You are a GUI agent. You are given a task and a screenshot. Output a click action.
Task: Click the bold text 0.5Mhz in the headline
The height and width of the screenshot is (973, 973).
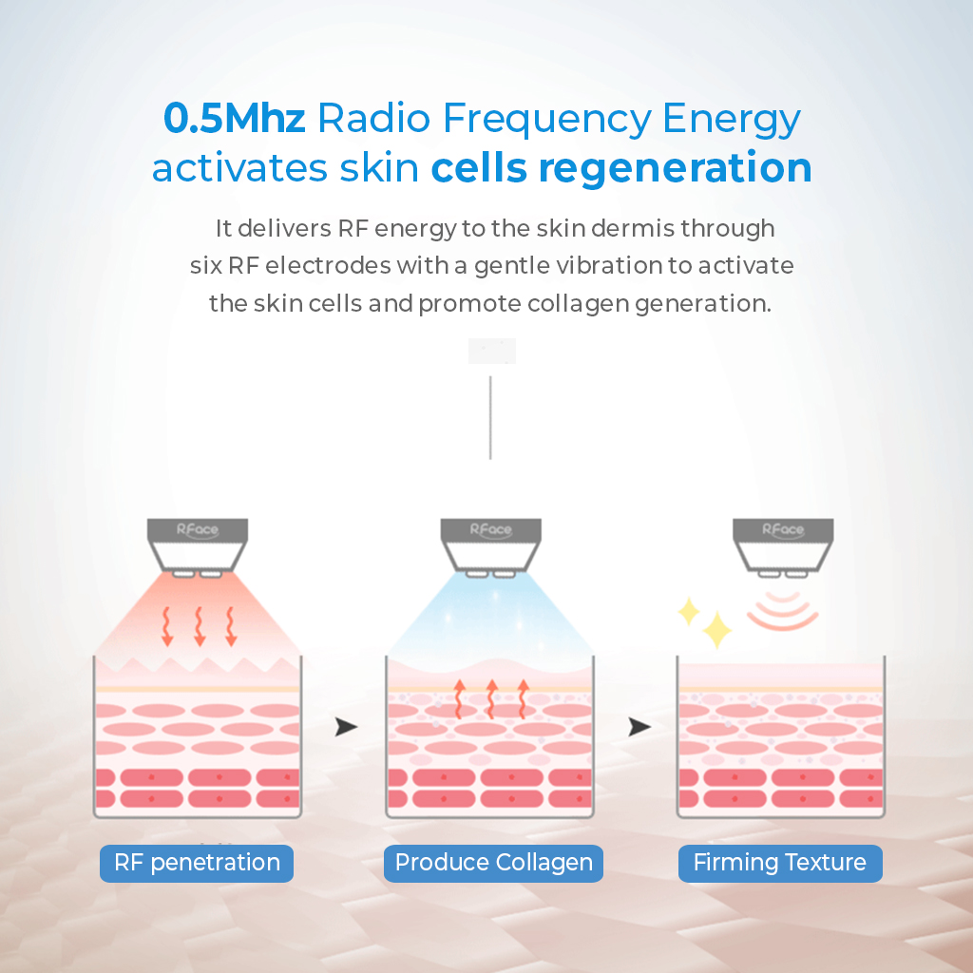pyautogui.click(x=234, y=120)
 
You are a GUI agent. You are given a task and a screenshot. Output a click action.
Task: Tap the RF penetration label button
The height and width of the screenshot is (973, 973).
pyautogui.click(x=197, y=863)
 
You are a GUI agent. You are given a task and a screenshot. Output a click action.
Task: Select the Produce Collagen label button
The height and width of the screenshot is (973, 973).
pyautogui.click(x=493, y=863)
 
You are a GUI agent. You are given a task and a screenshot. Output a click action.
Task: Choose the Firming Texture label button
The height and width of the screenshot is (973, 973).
pyautogui.click(x=780, y=863)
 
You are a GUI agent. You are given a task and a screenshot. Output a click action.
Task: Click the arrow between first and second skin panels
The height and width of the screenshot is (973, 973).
pyautogui.click(x=347, y=727)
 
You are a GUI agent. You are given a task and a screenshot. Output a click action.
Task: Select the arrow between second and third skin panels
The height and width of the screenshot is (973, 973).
pyautogui.click(x=640, y=727)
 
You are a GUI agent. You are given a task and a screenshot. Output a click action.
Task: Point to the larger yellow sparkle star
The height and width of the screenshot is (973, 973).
pyautogui.click(x=715, y=629)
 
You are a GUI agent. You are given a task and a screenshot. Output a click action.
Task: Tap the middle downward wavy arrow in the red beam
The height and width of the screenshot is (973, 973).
pyautogui.click(x=199, y=625)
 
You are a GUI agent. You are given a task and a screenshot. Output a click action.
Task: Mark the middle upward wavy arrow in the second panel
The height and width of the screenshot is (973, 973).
pyautogui.click(x=490, y=698)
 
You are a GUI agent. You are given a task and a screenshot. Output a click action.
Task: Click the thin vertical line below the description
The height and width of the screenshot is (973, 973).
pyautogui.click(x=490, y=417)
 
